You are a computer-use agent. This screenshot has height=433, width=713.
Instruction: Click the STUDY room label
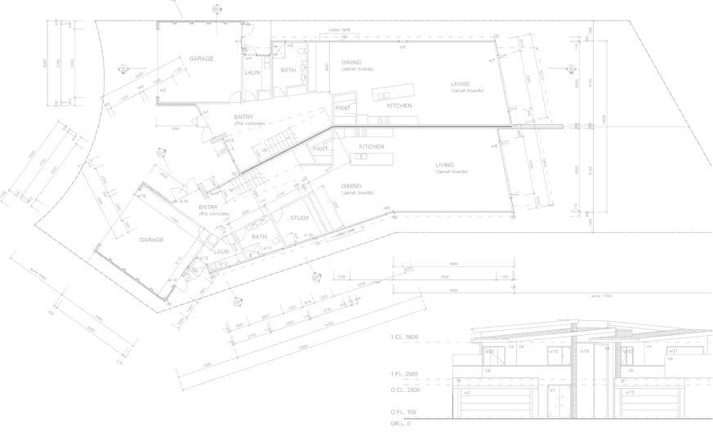(300, 217)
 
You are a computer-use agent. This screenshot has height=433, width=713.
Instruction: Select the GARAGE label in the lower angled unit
(151, 240)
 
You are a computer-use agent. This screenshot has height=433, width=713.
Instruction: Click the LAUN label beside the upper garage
(252, 74)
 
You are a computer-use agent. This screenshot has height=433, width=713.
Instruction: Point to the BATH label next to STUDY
(260, 237)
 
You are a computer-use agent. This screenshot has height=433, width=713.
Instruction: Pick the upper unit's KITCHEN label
(399, 106)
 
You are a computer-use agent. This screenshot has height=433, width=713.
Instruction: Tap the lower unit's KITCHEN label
(372, 145)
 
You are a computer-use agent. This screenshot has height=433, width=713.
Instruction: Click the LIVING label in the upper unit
(461, 83)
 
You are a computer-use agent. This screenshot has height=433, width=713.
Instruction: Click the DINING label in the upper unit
(352, 62)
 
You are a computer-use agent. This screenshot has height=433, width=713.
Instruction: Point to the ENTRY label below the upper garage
(243, 117)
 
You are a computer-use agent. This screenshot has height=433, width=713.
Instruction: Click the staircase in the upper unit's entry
(279, 145)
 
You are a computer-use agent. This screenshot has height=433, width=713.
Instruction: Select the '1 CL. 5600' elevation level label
(405, 337)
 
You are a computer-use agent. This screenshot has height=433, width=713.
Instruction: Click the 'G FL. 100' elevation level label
(404, 410)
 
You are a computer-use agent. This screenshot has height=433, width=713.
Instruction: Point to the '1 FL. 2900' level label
(405, 373)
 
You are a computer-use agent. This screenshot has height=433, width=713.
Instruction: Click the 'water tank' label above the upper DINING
(339, 30)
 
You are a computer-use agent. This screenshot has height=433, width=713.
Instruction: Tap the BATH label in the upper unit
(288, 71)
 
